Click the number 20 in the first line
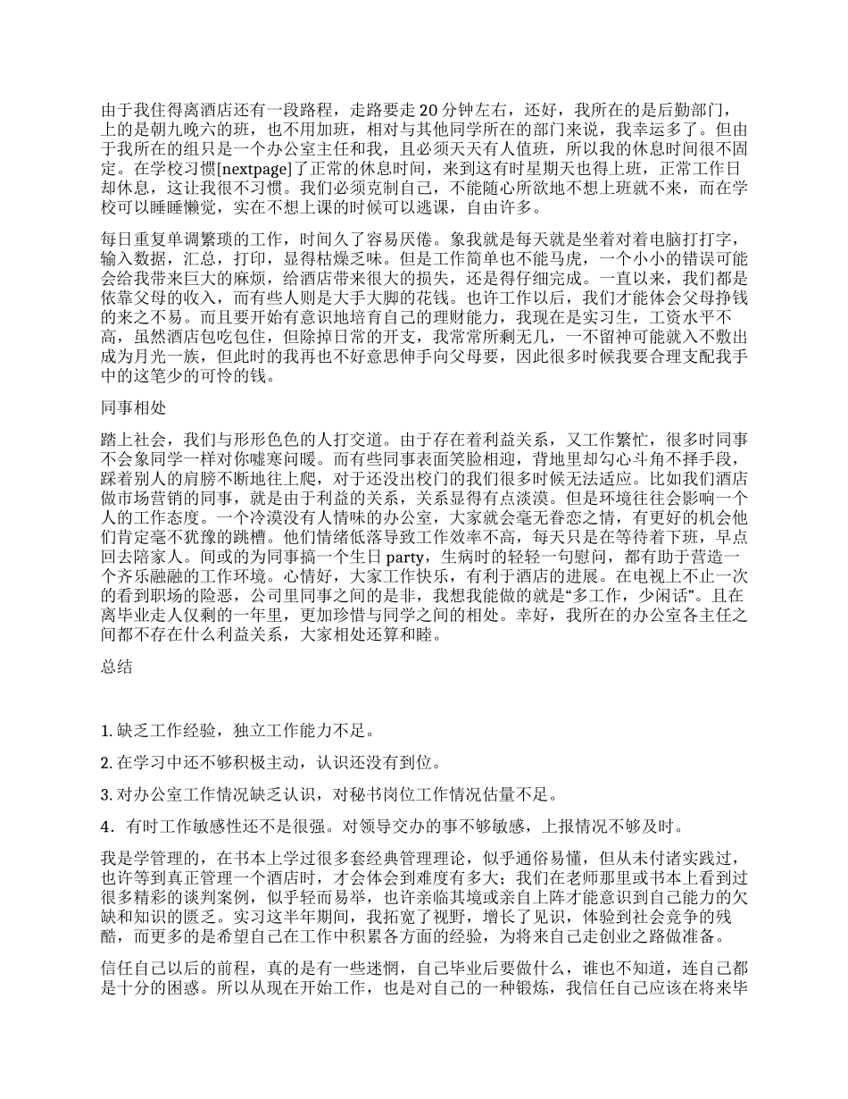pyautogui.click(x=427, y=110)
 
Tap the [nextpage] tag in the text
pyautogui.click(x=227, y=166)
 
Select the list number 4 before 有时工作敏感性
pyautogui.click(x=106, y=826)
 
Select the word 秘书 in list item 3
pyautogui.click(x=365, y=794)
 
